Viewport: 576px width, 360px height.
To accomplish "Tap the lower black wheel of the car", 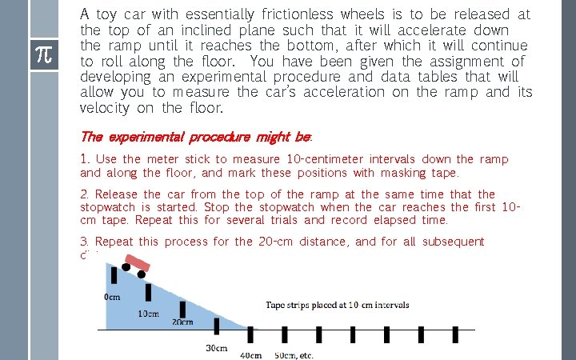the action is coord(142,274).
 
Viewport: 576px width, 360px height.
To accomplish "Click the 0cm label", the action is coord(112,297).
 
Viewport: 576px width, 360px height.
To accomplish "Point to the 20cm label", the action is coord(182,322).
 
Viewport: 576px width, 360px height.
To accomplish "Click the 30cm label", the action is coord(218,349).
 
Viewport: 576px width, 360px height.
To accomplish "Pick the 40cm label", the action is coord(252,354).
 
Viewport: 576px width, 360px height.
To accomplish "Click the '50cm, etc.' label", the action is coord(294,354).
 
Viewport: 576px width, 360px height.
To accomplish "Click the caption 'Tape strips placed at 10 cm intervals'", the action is coord(337,305).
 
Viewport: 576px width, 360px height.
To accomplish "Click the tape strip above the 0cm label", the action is coord(114,275).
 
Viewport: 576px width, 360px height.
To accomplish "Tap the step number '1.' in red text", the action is coord(85,159).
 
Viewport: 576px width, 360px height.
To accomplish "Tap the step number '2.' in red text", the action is coord(85,194).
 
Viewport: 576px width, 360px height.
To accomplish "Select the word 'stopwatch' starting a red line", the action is coord(108,207).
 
